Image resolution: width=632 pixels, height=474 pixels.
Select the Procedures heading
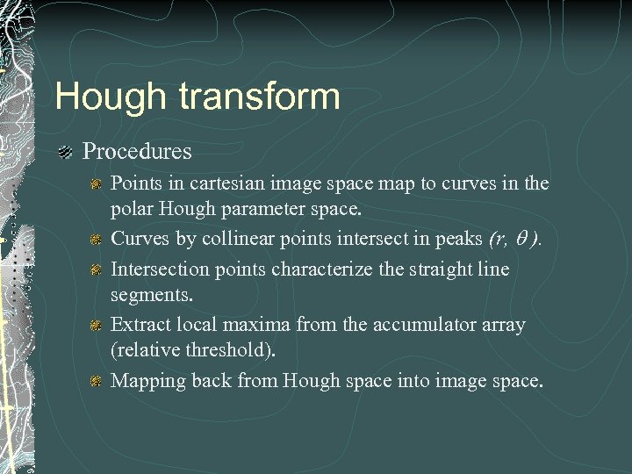coord(137,152)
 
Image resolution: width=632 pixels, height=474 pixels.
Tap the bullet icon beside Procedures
coord(64,153)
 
